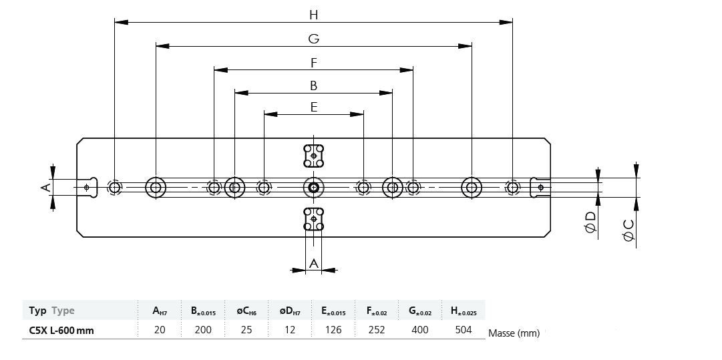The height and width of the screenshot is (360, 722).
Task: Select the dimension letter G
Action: (x=313, y=39)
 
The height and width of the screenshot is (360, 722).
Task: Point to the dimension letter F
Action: (x=313, y=63)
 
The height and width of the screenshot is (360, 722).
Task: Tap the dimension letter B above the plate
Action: (x=313, y=85)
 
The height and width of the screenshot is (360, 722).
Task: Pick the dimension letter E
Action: (x=313, y=107)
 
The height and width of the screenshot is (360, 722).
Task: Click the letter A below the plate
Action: (x=314, y=264)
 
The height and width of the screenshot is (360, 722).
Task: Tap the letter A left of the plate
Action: (x=45, y=188)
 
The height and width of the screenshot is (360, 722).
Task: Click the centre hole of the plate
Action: (x=313, y=188)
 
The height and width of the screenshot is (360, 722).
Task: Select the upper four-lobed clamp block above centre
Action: (x=313, y=156)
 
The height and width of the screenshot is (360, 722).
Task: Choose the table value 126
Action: (x=333, y=329)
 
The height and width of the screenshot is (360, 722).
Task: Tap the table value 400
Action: (x=420, y=329)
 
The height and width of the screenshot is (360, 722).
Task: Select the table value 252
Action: (x=377, y=329)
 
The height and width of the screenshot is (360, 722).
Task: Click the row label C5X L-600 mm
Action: (x=61, y=329)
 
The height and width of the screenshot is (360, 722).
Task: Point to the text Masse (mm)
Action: (x=514, y=333)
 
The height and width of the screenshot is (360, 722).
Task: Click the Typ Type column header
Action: (x=52, y=311)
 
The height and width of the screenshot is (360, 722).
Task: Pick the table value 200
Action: (x=203, y=329)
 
